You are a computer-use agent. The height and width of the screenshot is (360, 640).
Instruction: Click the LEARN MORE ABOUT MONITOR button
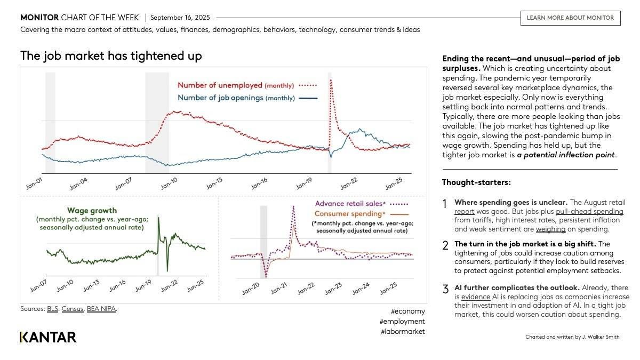click(x=570, y=18)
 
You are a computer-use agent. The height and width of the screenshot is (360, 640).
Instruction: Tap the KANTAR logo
click(x=49, y=337)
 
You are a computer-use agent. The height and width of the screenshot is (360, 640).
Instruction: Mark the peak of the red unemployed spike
click(x=331, y=80)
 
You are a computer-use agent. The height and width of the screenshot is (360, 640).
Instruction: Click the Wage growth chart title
click(x=92, y=211)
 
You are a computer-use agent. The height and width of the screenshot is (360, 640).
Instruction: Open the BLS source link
click(x=52, y=309)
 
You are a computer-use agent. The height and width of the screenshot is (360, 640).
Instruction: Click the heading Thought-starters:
click(x=476, y=182)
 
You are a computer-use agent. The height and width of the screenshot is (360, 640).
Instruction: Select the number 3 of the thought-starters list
click(x=445, y=290)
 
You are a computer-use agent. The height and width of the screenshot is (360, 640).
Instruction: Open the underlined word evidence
click(x=472, y=297)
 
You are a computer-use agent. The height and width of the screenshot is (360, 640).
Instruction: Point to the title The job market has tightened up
click(x=111, y=55)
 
